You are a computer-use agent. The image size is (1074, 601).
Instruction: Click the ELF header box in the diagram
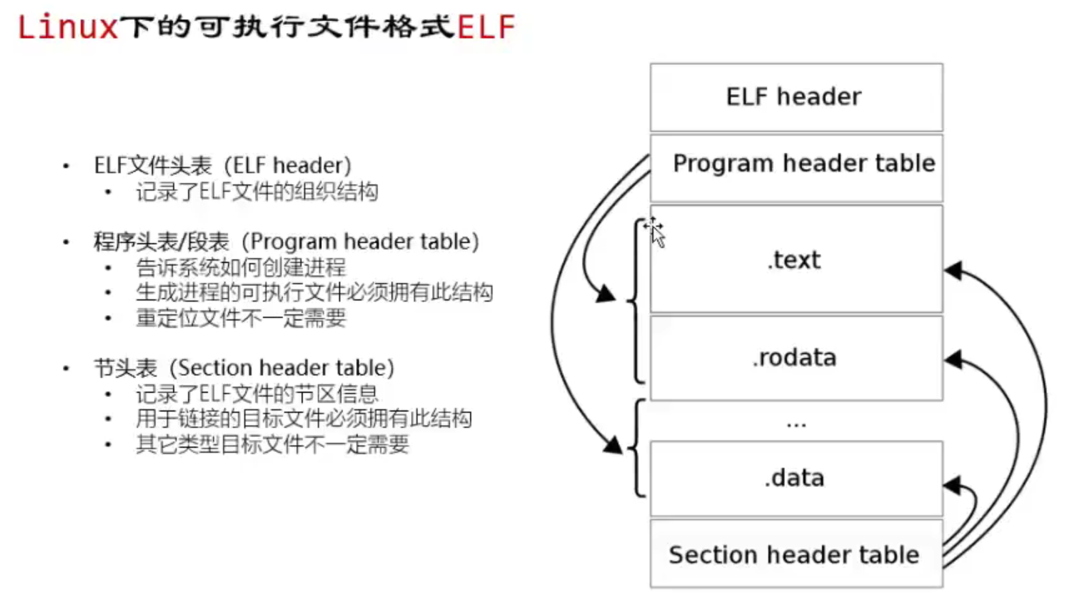[795, 97]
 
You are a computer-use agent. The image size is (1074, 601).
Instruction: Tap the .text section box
[795, 260]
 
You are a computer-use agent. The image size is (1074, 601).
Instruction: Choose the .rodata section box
[795, 358]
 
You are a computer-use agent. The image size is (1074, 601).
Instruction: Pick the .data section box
[795, 479]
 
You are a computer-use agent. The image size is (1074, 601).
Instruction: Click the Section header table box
[795, 554]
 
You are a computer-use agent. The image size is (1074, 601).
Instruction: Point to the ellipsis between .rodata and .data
[796, 421]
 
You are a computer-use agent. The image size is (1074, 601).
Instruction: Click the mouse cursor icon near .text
[656, 232]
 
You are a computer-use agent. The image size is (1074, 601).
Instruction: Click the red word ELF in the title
[486, 27]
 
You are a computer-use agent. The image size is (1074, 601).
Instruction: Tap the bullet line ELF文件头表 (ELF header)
[222, 166]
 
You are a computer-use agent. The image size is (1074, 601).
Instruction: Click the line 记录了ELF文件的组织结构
[256, 192]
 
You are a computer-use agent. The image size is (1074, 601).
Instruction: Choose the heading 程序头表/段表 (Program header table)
[286, 242]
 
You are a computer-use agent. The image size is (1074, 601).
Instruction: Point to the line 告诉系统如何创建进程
[240, 268]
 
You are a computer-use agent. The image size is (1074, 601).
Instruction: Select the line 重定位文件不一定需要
[240, 318]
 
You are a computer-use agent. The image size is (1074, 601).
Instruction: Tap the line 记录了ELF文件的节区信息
[257, 394]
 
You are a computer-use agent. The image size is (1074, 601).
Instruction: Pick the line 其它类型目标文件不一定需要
[272, 444]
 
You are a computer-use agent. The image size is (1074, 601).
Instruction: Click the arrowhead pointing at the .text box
[953, 271]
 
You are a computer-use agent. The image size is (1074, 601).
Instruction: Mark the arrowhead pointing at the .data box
[953, 485]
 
